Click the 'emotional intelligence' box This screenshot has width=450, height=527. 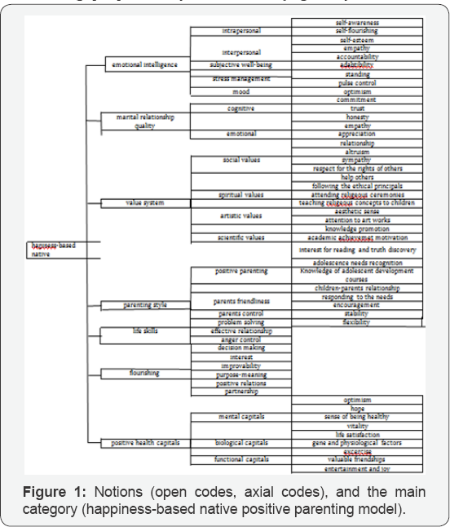tap(145, 64)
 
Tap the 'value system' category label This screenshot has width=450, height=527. tap(145, 202)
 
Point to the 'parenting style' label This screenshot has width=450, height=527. tap(145, 305)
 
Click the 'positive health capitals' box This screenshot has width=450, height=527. tap(145, 443)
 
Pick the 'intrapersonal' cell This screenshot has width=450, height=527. tap(240, 31)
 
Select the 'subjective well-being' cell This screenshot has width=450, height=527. tap(240, 64)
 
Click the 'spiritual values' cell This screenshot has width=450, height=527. tap(240, 195)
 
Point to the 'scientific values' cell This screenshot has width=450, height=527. tap(240, 237)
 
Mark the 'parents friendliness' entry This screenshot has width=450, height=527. tap(240, 302)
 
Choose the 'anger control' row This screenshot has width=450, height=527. tap(240, 340)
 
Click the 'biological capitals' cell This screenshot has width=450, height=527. tap(240, 444)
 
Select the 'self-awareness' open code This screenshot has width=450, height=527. tap(356, 22)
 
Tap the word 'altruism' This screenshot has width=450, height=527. tap(356, 152)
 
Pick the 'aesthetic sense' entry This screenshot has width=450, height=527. tap(356, 211)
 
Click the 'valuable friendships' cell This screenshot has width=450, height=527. tap(356, 461)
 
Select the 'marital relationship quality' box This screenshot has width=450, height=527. tap(145, 121)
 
